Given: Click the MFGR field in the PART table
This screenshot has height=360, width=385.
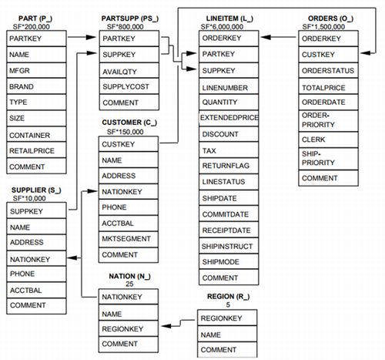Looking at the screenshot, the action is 36,70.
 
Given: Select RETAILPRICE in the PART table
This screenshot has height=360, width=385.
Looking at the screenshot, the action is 36,150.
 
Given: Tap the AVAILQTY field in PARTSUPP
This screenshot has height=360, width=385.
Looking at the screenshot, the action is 129,71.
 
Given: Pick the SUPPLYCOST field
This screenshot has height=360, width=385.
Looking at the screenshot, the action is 129,86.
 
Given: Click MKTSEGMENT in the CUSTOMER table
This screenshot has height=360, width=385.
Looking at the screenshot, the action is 129,239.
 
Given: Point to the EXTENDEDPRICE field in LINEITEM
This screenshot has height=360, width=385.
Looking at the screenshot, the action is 229,118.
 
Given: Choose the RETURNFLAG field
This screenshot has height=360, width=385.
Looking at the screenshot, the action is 229,166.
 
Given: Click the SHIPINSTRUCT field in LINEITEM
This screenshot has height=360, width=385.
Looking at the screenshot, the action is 229,246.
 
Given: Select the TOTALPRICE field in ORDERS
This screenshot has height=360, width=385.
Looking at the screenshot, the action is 328,87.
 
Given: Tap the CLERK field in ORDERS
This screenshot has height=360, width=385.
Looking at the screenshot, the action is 328,140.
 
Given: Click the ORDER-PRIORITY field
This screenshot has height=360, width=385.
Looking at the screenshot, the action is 328,120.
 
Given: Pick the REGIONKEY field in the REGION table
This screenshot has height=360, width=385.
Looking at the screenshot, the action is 227,318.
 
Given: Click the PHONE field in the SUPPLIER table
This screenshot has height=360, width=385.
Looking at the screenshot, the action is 36,274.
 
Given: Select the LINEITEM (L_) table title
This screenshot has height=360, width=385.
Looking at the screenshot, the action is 229,19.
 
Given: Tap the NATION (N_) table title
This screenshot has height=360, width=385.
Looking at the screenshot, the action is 129,276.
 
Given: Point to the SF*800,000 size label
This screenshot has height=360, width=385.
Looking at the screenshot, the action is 126,27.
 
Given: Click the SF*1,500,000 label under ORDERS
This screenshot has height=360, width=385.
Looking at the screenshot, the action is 323,27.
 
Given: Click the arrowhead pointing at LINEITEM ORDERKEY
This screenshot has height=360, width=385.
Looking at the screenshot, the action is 266,37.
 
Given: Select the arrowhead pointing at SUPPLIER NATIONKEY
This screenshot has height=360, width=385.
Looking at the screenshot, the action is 72,257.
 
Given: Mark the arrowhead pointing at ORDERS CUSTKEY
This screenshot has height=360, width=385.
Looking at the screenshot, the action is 365,53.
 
